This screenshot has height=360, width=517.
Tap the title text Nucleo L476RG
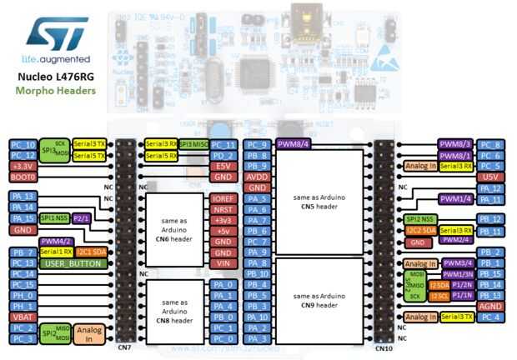[x=56, y=76]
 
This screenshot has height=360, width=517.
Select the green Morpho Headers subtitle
[x=56, y=90]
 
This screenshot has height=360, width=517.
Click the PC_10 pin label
[x=23, y=144]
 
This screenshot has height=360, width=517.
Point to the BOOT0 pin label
[x=23, y=177]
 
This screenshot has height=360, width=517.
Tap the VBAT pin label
[x=23, y=317]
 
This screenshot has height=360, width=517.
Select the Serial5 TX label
[x=89, y=156]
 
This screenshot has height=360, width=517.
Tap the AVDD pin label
[x=257, y=177]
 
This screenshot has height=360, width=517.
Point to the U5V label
[x=491, y=177]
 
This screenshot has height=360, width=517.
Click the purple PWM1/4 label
[x=456, y=199]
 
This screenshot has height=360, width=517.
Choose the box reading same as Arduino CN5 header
[x=319, y=201]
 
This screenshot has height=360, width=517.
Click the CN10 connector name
[x=384, y=347]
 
